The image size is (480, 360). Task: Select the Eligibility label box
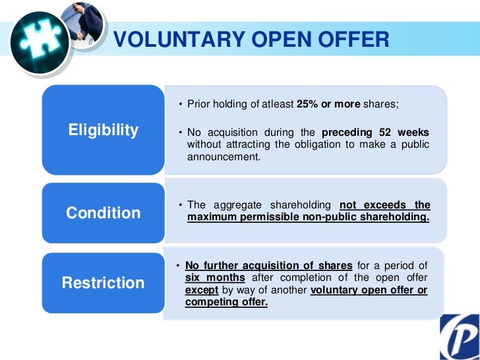click(x=103, y=130)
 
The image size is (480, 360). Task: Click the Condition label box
click(x=103, y=213)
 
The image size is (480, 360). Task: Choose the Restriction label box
click(x=103, y=283)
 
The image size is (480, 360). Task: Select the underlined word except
click(x=201, y=290)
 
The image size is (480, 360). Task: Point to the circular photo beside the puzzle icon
click(x=84, y=24)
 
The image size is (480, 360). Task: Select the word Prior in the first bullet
click(x=198, y=104)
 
